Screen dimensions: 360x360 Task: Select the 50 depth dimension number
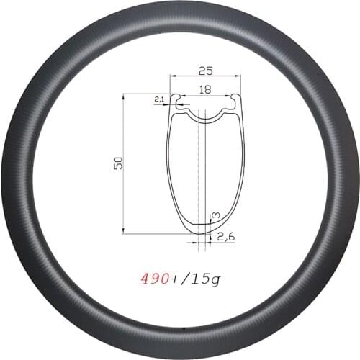tap(115, 163)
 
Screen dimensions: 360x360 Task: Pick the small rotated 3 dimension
tap(215, 215)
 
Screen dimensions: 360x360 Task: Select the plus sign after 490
tap(172, 276)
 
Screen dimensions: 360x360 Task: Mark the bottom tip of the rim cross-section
tap(204, 232)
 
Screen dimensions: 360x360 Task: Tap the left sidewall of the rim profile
tap(169, 173)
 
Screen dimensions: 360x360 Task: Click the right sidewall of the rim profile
tap(243, 173)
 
